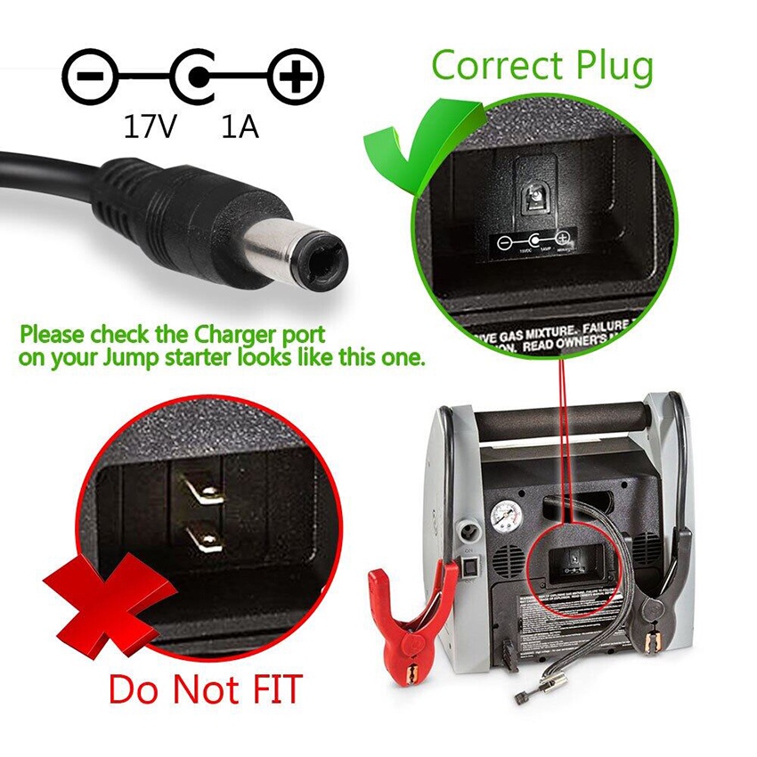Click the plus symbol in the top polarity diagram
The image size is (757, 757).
tap(295, 79)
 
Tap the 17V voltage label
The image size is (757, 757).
tap(151, 128)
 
